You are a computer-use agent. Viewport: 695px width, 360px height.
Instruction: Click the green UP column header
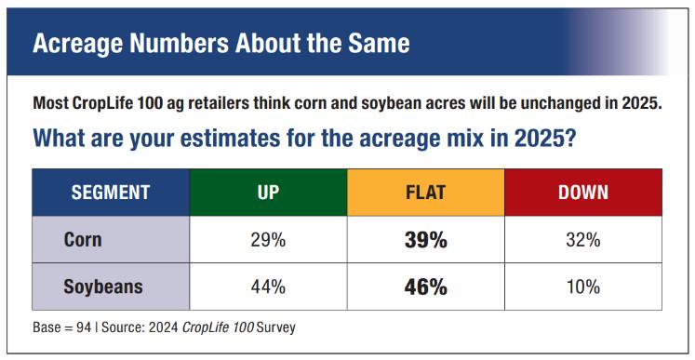click(268, 193)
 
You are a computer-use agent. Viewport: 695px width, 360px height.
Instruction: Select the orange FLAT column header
click(426, 193)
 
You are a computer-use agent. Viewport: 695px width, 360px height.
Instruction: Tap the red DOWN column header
click(583, 193)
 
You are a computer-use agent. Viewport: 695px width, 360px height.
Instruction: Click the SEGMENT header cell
click(111, 193)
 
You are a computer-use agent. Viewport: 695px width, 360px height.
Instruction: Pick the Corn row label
click(83, 240)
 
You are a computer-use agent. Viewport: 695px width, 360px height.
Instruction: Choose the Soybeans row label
click(103, 287)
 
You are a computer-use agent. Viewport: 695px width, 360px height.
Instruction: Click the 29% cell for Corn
click(268, 240)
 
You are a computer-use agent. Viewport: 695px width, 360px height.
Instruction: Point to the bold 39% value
click(425, 240)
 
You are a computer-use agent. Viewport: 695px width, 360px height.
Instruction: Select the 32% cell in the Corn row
click(583, 240)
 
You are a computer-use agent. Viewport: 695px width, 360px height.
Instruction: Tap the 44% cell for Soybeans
click(268, 287)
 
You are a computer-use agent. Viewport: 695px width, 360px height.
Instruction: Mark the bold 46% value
click(425, 287)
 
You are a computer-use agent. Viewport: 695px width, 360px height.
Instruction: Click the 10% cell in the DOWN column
click(583, 287)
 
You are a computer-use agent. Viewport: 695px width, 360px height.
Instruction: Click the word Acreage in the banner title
click(77, 44)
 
